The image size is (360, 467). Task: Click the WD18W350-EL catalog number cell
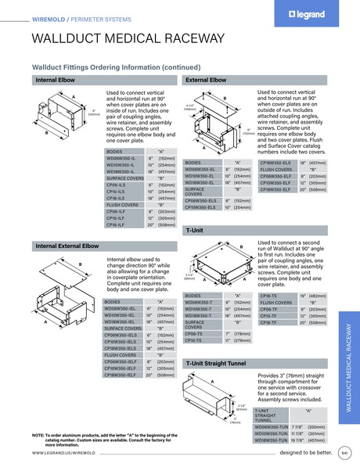[200, 182]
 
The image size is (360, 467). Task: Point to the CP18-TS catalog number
[269, 296]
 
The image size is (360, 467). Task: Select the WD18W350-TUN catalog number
[272, 440]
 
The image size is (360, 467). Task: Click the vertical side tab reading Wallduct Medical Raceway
[349, 357]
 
